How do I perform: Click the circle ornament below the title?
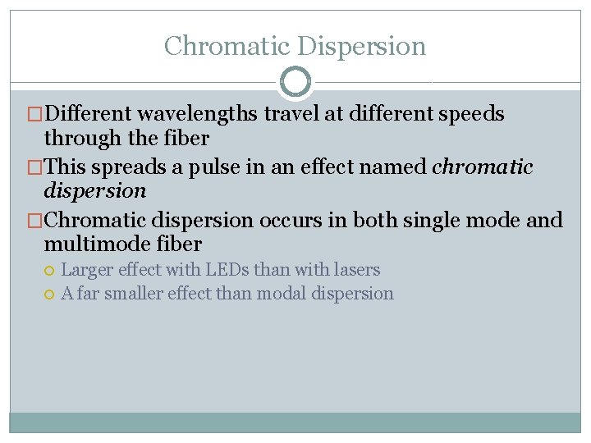295,82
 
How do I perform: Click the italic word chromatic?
483,167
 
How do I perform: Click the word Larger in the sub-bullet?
87,269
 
